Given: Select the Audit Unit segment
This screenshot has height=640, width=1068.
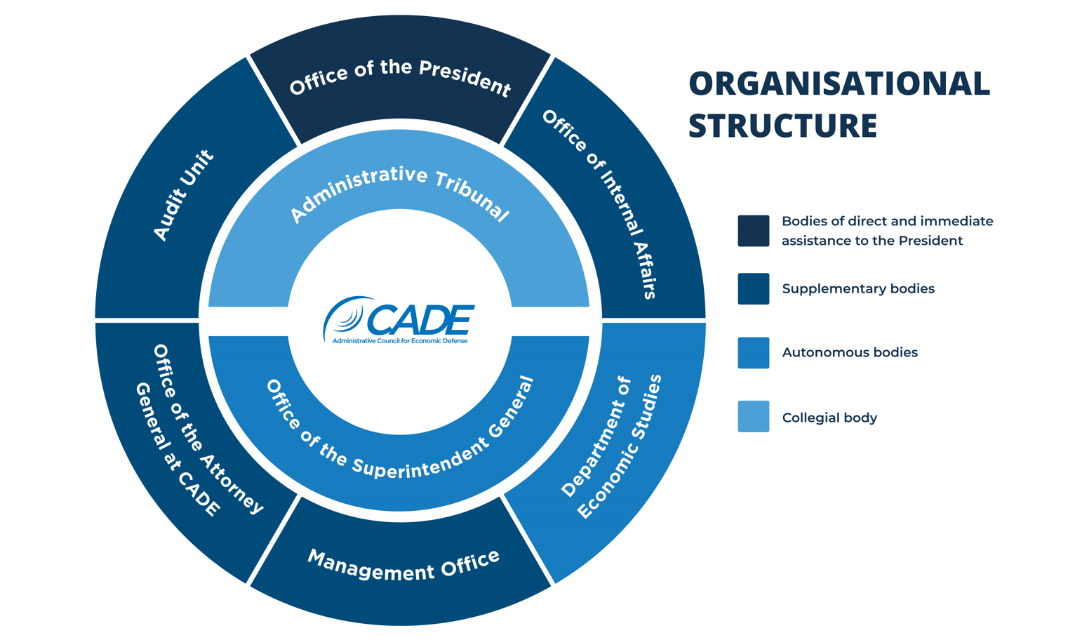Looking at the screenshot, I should pyautogui.click(x=184, y=196).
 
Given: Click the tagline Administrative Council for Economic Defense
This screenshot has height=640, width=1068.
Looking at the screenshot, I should pyautogui.click(x=400, y=341).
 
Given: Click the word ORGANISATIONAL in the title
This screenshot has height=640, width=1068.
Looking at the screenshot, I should pyautogui.click(x=839, y=84).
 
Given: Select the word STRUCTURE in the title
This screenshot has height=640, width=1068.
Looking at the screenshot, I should pyautogui.click(x=782, y=126).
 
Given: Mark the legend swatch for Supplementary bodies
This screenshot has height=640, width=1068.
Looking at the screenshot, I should pyautogui.click(x=753, y=289).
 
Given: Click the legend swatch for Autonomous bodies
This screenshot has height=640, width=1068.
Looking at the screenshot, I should pyautogui.click(x=753, y=353).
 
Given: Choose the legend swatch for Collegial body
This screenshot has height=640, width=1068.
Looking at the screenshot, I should pyautogui.click(x=753, y=417).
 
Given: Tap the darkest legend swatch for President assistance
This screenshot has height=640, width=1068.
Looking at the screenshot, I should pyautogui.click(x=753, y=231).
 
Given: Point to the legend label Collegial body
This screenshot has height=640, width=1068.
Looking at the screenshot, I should pyautogui.click(x=829, y=418).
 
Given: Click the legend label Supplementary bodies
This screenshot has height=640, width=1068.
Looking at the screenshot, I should pyautogui.click(x=857, y=289).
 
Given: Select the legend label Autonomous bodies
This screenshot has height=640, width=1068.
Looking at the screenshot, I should pyautogui.click(x=849, y=353).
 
